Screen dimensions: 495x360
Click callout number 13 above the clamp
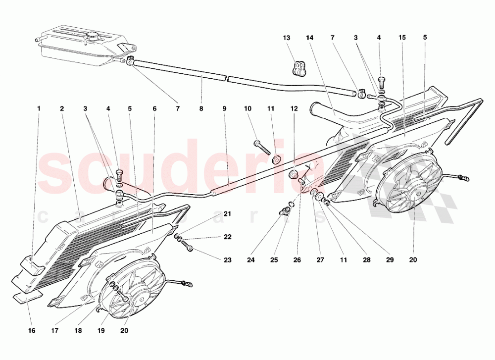286,38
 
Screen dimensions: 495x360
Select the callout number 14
310,38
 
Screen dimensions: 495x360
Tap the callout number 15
402,38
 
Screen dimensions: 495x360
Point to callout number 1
39,108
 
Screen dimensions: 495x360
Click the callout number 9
224,108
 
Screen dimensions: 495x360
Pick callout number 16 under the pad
32,330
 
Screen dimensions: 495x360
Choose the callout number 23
228,260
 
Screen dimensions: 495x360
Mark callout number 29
390,260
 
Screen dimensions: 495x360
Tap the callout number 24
251,260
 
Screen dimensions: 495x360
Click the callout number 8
201,108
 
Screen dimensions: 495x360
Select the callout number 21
228,214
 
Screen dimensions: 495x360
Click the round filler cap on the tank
93,35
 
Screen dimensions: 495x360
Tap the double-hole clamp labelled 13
298,69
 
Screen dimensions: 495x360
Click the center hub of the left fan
140,293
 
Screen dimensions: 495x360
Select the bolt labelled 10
262,147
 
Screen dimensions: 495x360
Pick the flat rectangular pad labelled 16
28,298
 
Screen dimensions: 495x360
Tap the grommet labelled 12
294,174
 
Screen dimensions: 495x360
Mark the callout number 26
297,260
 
